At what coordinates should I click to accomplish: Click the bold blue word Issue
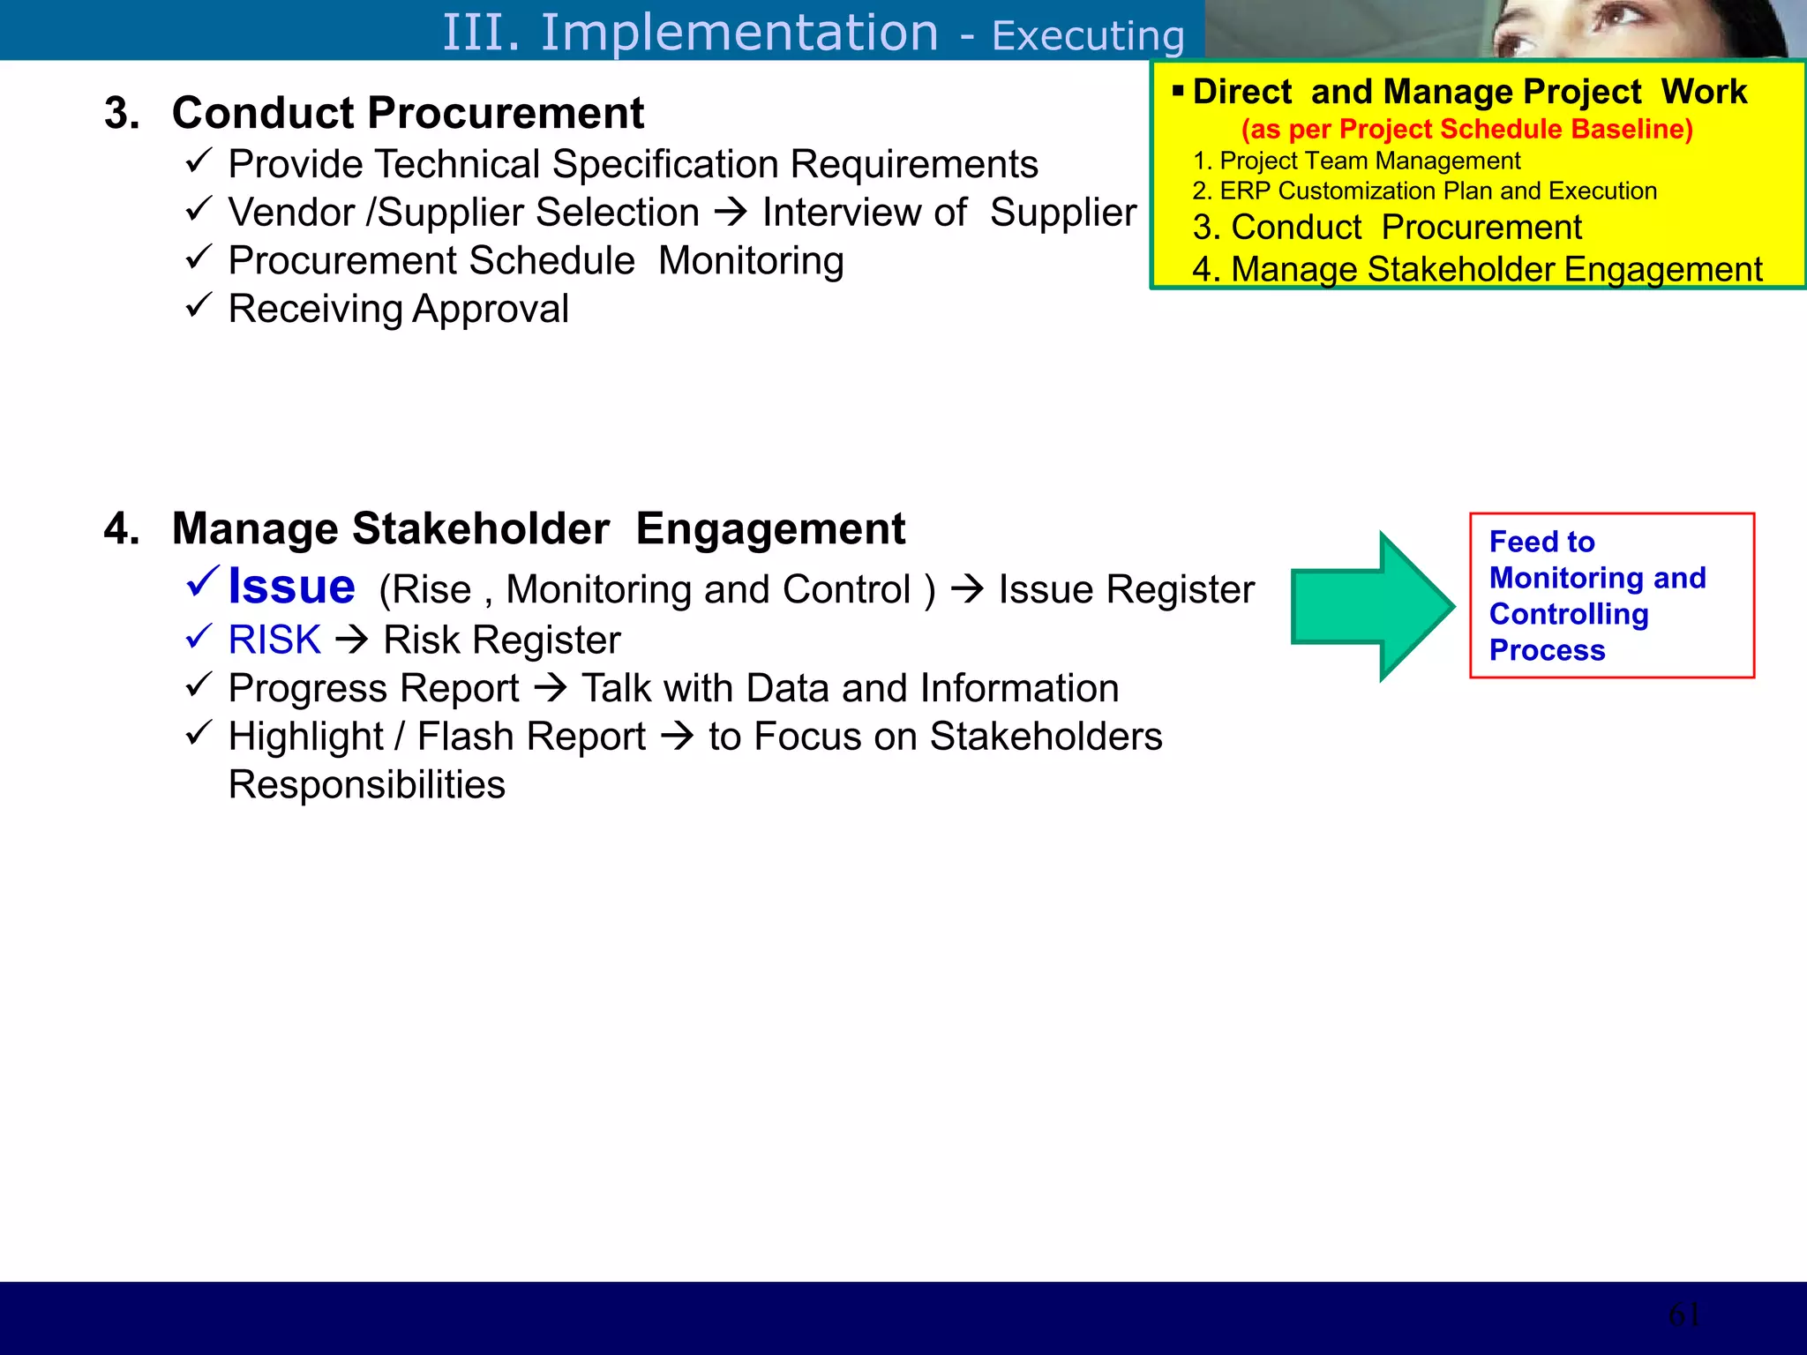pos(291,587)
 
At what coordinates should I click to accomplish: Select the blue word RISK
pos(274,640)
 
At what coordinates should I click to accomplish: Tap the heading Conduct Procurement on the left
pos(408,113)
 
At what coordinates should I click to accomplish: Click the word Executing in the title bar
pos(1087,36)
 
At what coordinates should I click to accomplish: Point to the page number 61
pos(1683,1315)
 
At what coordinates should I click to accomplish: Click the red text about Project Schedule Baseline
pos(1466,129)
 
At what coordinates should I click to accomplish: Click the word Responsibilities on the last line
pos(367,784)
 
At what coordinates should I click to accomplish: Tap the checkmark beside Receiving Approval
pos(199,305)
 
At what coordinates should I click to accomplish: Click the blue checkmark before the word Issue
pos(203,582)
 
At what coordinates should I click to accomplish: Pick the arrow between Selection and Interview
pos(731,212)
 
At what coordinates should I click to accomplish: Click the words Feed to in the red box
pos(1541,541)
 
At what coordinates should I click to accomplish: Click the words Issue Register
pos(1126,589)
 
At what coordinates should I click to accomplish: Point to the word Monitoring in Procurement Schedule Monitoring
pos(751,261)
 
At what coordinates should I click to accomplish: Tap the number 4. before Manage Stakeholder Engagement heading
pos(122,529)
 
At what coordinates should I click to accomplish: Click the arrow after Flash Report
pos(678,736)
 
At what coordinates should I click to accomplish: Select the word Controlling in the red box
pos(1568,614)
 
